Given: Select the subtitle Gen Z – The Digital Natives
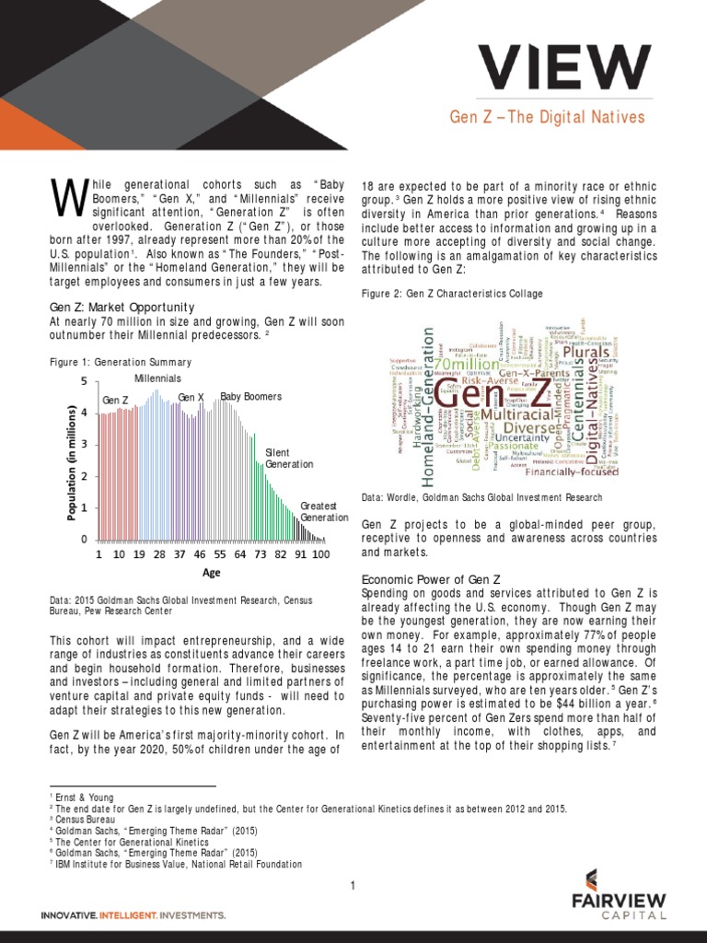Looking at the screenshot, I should [547, 118].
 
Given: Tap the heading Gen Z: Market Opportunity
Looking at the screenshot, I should [122, 307].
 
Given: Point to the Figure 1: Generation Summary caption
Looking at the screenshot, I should [121, 362].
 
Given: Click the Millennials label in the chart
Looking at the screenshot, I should [158, 378].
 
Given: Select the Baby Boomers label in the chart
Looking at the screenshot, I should [250, 397].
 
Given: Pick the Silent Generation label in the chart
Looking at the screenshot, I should [289, 459].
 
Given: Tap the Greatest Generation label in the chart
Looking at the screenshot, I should [324, 512].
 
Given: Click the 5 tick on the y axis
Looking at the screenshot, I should [84, 381].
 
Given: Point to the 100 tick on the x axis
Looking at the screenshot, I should [321, 555].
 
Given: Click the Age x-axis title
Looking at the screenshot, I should [212, 572].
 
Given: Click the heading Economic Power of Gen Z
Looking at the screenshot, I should [431, 579].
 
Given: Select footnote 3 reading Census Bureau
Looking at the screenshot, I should [86, 818].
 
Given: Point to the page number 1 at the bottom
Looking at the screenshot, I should [353, 886].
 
